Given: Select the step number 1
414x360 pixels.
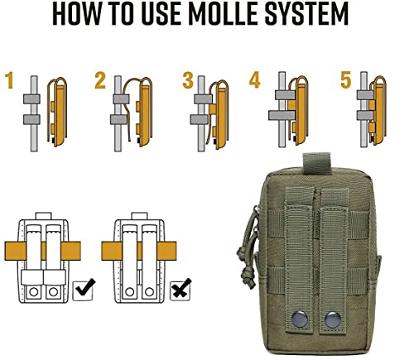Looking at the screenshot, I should pyautogui.click(x=9, y=81).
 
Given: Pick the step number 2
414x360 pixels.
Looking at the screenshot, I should pyautogui.click(x=100, y=81).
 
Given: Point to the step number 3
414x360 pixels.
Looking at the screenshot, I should pyautogui.click(x=187, y=81).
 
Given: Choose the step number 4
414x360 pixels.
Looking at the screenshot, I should pyautogui.click(x=255, y=81).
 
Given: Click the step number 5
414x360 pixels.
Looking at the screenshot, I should pyautogui.click(x=344, y=81).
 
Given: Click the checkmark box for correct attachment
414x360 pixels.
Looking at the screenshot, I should pyautogui.click(x=84, y=291).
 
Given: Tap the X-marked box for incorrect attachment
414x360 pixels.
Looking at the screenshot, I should pyautogui.click(x=180, y=291).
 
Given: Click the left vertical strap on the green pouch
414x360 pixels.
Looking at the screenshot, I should pyautogui.click(x=301, y=248).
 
